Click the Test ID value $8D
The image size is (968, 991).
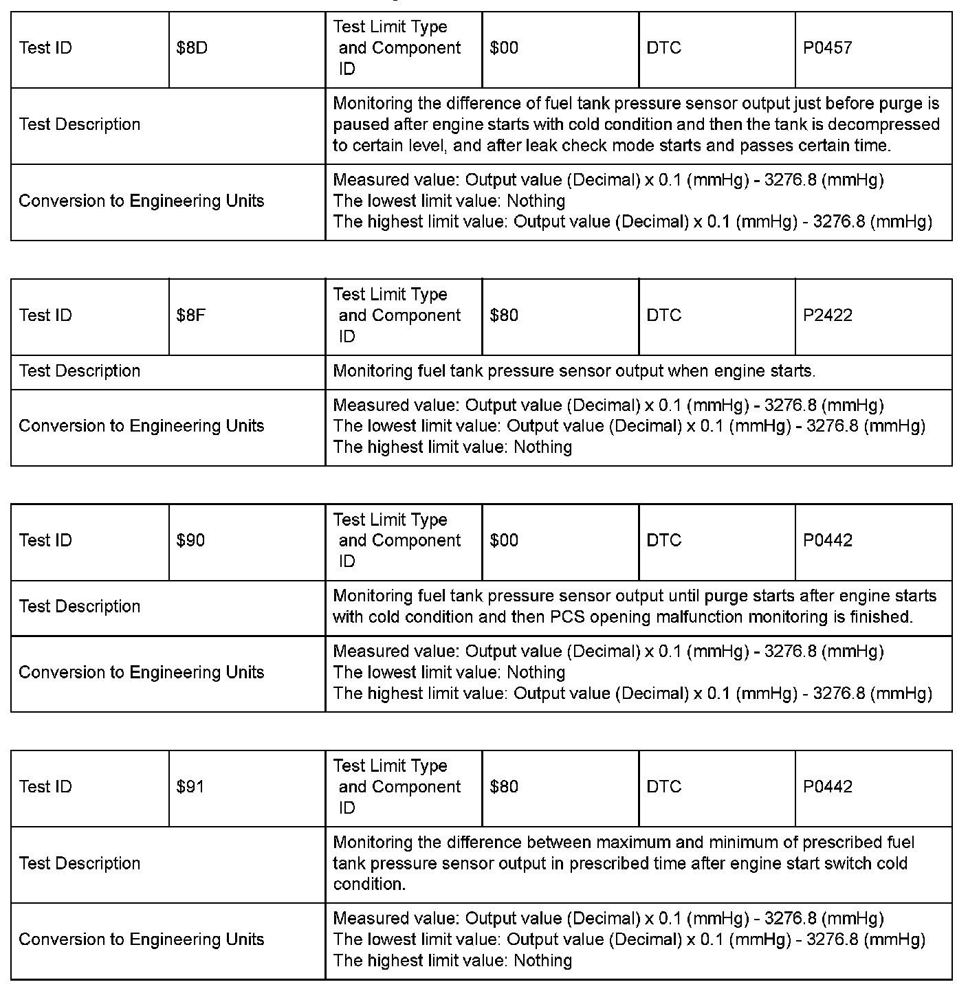[192, 48]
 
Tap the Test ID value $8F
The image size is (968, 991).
[191, 315]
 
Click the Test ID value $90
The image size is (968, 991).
[190, 541]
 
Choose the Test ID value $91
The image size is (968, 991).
[190, 787]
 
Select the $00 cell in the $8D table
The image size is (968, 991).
[504, 48]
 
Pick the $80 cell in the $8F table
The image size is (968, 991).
[504, 315]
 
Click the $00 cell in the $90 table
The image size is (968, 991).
[504, 541]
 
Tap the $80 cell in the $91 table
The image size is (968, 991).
[504, 787]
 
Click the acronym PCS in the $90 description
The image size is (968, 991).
[567, 617]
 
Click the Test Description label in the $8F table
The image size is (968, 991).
[80, 371]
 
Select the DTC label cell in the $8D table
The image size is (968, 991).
[663, 48]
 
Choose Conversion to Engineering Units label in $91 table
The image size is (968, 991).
[141, 939]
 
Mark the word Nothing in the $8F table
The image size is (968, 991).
[543, 447]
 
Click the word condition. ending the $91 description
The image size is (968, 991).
[369, 884]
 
